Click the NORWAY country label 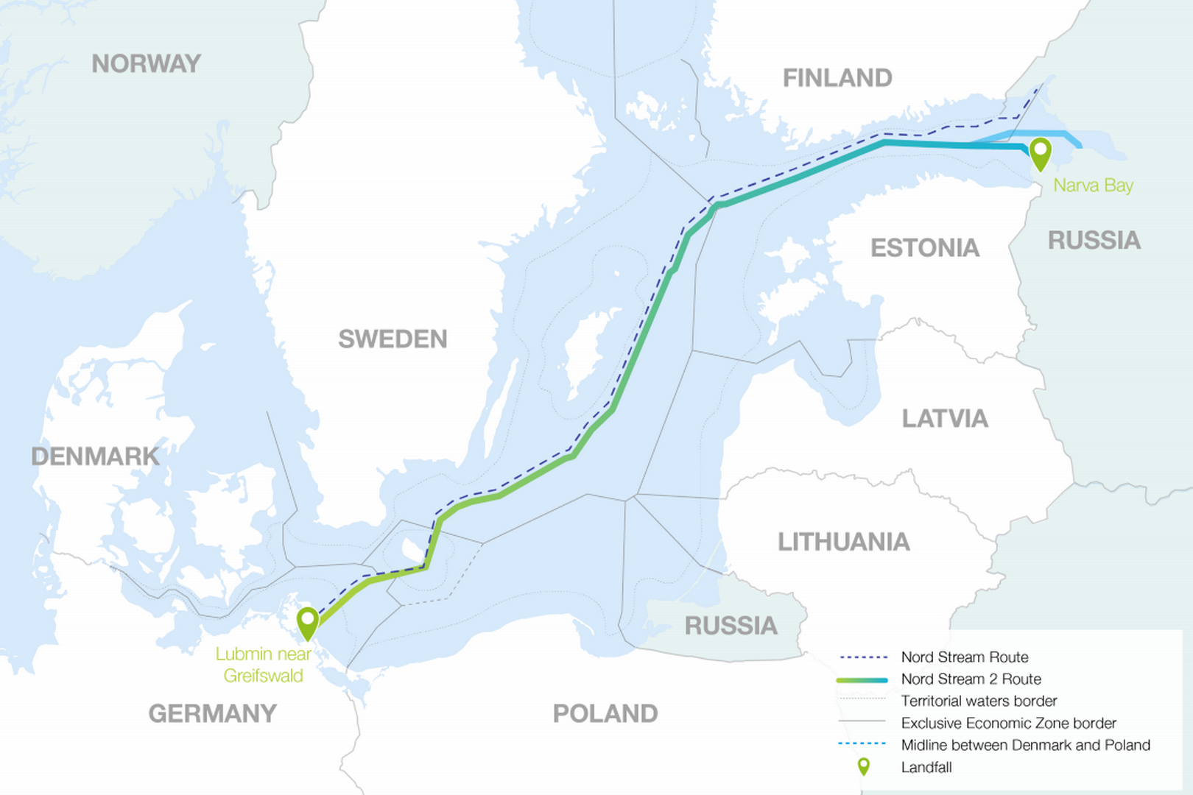tap(146, 64)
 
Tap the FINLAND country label tap(837, 78)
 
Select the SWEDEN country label tap(393, 339)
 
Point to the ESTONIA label tap(925, 248)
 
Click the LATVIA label tap(945, 419)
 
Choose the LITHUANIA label tap(844, 543)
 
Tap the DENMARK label tap(95, 456)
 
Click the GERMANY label tap(212, 713)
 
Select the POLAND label tap(605, 713)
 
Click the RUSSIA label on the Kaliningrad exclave tap(731, 626)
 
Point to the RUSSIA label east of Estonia tap(1094, 241)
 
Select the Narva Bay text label tap(1093, 185)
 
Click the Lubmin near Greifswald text tap(264, 665)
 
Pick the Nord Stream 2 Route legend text tap(971, 679)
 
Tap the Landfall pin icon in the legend tap(863, 767)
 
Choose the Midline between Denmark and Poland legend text tap(1025, 745)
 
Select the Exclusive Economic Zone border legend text tap(1008, 724)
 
